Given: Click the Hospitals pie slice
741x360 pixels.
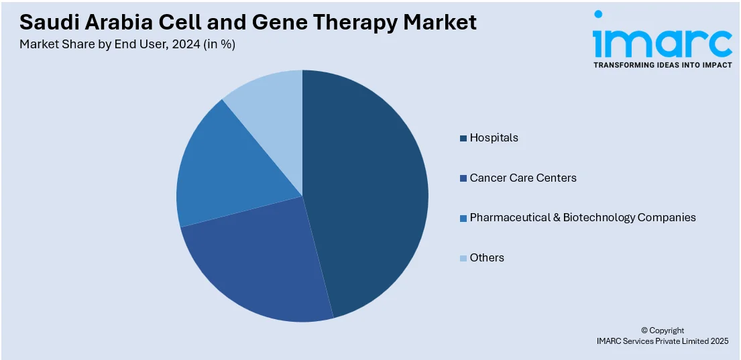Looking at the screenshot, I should [x=369, y=194].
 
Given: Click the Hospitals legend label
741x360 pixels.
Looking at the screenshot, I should [x=494, y=137].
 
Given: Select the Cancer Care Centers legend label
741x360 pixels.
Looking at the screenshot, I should [x=523, y=178].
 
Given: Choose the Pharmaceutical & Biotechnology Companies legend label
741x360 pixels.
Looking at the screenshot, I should [x=583, y=217].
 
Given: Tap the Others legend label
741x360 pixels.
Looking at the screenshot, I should [x=487, y=257].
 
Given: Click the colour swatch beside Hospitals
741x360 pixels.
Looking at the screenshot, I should [x=463, y=138].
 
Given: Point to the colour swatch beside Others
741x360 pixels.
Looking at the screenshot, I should [x=463, y=258].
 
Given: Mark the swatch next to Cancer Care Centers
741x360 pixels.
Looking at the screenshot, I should [x=463, y=178].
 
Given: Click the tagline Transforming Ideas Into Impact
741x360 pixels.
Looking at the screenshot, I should [x=662, y=66].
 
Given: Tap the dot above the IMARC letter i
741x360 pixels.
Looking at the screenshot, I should [x=598, y=15].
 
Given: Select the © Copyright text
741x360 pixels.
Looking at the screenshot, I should [x=662, y=330].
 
